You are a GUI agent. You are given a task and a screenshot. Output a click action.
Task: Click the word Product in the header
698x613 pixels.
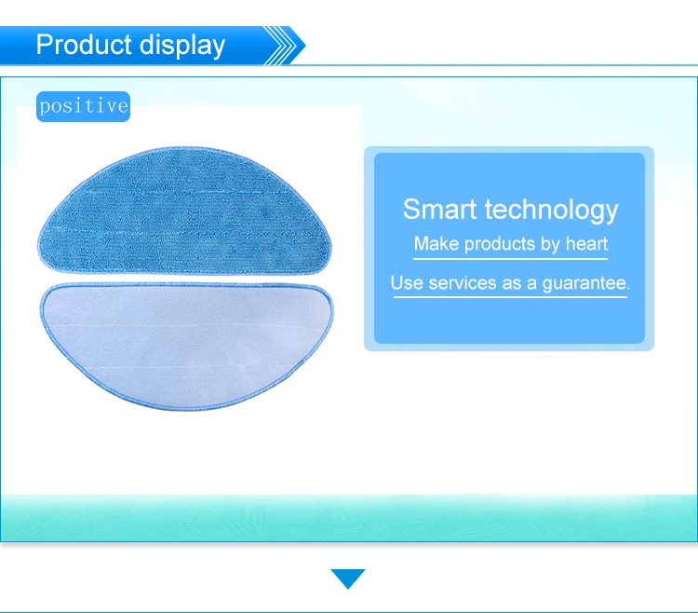(x=84, y=45)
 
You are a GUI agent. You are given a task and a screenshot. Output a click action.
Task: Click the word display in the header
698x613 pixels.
(x=182, y=46)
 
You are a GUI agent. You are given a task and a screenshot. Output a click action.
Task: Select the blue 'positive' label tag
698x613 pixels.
(x=83, y=106)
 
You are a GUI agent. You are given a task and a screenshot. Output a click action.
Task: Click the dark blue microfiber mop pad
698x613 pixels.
(x=185, y=211)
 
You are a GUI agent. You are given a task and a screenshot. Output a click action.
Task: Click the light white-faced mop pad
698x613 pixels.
(x=186, y=346)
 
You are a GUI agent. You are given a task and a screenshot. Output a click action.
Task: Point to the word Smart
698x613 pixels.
(x=440, y=209)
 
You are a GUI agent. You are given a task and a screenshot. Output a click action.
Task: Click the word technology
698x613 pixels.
(x=552, y=211)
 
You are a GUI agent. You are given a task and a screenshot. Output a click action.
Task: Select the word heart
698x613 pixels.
(x=586, y=244)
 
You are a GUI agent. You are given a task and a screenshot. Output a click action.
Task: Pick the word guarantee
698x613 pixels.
(x=586, y=284)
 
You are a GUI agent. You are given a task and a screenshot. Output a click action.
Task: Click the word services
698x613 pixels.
(x=462, y=283)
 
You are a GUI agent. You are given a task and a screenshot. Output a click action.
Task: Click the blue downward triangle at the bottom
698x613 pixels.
(x=348, y=579)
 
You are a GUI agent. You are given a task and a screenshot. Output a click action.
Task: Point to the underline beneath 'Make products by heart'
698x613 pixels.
(x=511, y=258)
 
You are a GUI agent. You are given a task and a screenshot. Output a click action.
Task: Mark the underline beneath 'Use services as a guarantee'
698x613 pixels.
(x=511, y=296)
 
